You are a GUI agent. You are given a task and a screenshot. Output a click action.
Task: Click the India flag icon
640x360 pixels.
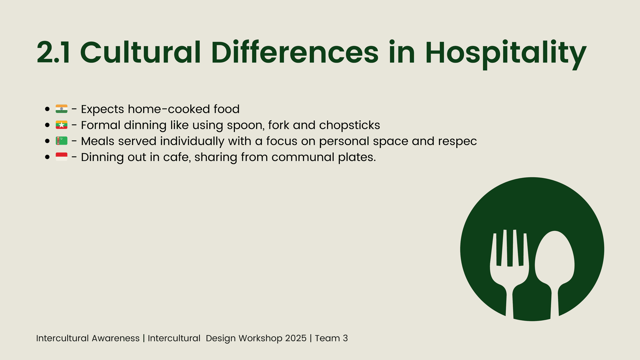click(61, 109)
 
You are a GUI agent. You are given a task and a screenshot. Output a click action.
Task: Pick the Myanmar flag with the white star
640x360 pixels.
click(61, 125)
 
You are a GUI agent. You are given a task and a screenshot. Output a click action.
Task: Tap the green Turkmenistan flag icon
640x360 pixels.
click(61, 141)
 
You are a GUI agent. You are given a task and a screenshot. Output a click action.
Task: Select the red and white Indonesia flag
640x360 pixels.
click(61, 157)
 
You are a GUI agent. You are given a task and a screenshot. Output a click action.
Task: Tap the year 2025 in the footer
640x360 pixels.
click(296, 338)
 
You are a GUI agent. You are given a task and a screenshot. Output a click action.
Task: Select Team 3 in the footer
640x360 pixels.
click(331, 338)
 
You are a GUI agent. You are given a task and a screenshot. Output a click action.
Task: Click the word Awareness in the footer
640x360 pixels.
click(116, 338)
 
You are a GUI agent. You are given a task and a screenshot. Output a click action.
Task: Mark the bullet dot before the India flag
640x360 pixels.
click(47, 109)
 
